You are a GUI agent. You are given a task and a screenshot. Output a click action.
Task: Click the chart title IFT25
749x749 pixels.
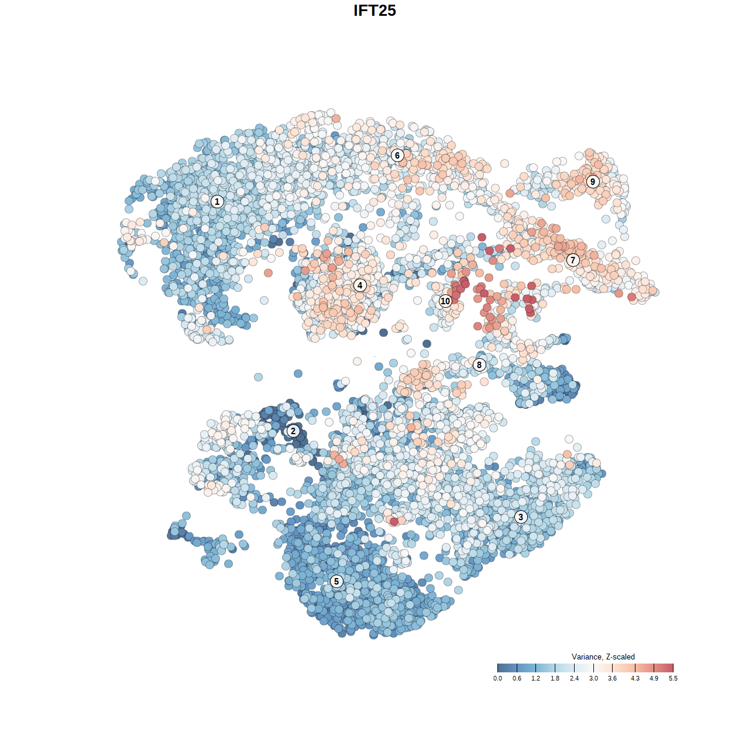(374, 11)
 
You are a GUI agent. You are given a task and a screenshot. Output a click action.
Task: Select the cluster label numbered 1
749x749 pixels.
(217, 201)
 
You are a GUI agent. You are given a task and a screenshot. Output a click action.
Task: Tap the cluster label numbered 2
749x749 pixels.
(293, 431)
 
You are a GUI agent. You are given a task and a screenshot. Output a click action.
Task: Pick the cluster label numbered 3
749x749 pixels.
(521, 517)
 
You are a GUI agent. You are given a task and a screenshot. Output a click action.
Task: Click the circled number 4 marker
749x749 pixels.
(360, 285)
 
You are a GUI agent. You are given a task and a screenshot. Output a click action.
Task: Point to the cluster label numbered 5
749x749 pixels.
(336, 581)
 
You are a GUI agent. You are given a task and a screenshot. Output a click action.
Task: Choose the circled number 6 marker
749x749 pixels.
(397, 155)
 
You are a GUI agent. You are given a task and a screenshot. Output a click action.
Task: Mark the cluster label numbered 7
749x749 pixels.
(573, 260)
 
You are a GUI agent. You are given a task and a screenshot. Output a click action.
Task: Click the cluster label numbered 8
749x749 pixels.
(479, 365)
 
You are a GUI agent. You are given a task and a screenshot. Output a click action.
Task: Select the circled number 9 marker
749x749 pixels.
(593, 181)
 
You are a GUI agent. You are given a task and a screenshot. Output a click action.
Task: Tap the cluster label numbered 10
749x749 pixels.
(445, 301)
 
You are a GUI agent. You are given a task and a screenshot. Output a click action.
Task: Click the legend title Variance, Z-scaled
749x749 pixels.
(603, 657)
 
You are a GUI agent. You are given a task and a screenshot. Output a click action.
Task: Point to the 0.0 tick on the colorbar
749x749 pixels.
(497, 678)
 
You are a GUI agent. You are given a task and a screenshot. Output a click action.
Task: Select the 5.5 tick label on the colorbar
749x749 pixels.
(673, 678)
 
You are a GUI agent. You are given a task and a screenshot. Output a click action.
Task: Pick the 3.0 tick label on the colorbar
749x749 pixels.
(593, 678)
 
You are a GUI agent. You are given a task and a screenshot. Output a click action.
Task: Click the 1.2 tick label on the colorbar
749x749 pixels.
(536, 678)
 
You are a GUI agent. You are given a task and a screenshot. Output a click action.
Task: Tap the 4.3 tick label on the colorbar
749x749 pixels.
(635, 678)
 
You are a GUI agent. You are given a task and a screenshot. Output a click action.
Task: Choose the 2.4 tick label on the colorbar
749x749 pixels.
(574, 678)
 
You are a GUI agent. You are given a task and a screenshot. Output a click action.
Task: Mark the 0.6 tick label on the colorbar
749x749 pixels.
(517, 678)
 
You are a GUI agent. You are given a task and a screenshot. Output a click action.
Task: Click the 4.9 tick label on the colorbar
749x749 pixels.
(654, 678)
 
